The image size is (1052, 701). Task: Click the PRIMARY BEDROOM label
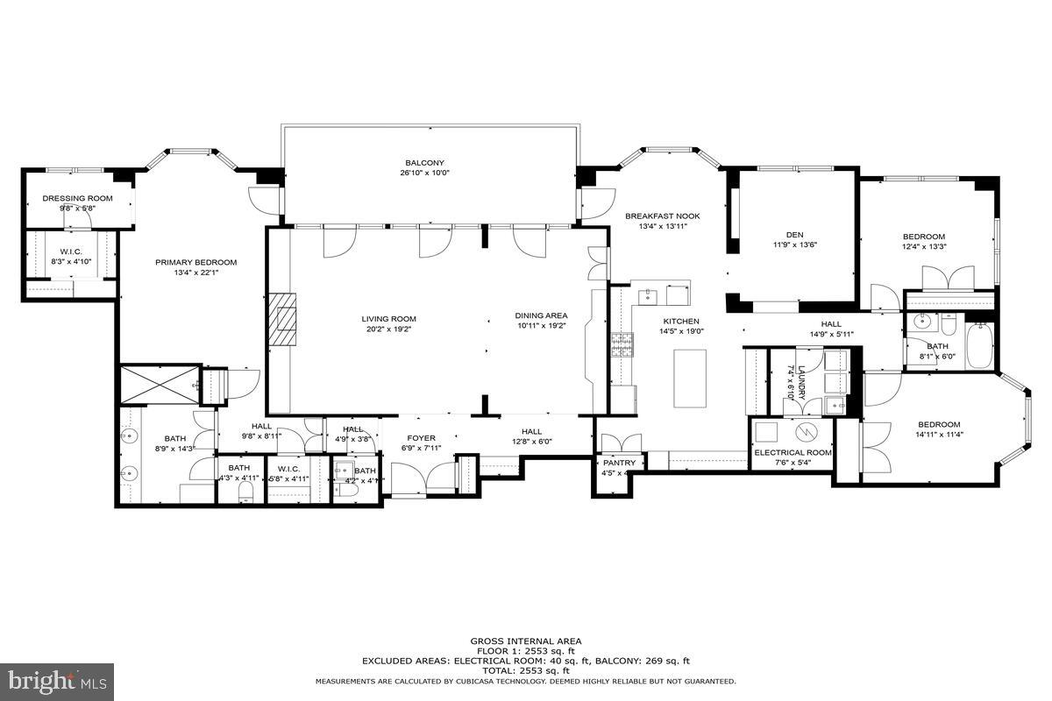tap(196, 262)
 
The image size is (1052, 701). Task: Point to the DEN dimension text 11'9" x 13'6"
tap(794, 245)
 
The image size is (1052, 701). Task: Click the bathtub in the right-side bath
tap(978, 348)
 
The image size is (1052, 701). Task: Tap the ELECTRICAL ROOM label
tap(793, 452)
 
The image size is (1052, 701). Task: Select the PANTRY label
tap(619, 463)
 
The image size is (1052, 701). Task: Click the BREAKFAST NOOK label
tap(663, 216)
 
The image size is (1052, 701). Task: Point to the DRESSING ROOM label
tap(77, 198)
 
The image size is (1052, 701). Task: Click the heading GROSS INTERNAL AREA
tap(526, 641)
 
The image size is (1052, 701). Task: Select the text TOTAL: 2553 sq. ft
tap(526, 670)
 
